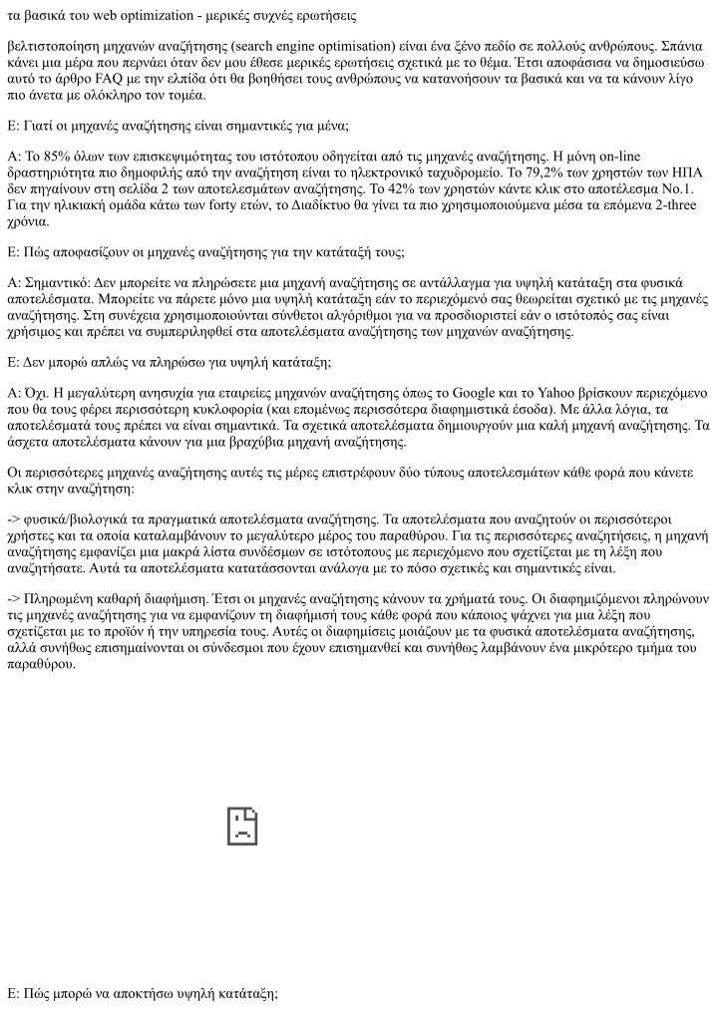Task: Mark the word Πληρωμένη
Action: click(64, 599)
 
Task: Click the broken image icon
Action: click(242, 825)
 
